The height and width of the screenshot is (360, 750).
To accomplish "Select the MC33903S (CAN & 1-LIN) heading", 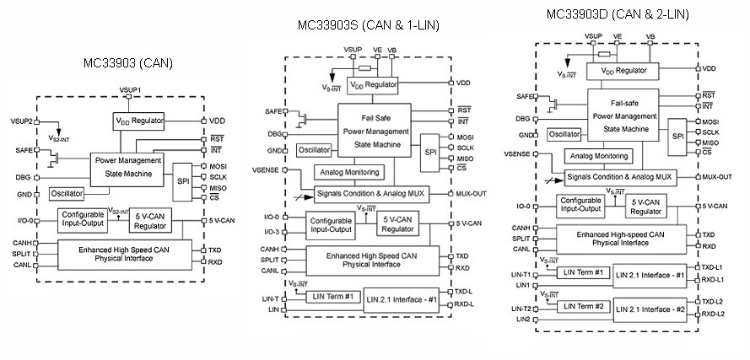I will click(369, 25).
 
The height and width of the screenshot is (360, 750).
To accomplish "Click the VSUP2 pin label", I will click(22, 121).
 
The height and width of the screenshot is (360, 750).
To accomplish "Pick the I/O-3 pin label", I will click(271, 231).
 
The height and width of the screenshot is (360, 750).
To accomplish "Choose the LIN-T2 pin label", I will click(520, 309).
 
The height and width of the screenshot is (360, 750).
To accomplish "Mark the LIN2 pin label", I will click(523, 320).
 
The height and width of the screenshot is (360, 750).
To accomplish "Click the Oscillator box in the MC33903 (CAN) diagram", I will click(67, 193).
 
